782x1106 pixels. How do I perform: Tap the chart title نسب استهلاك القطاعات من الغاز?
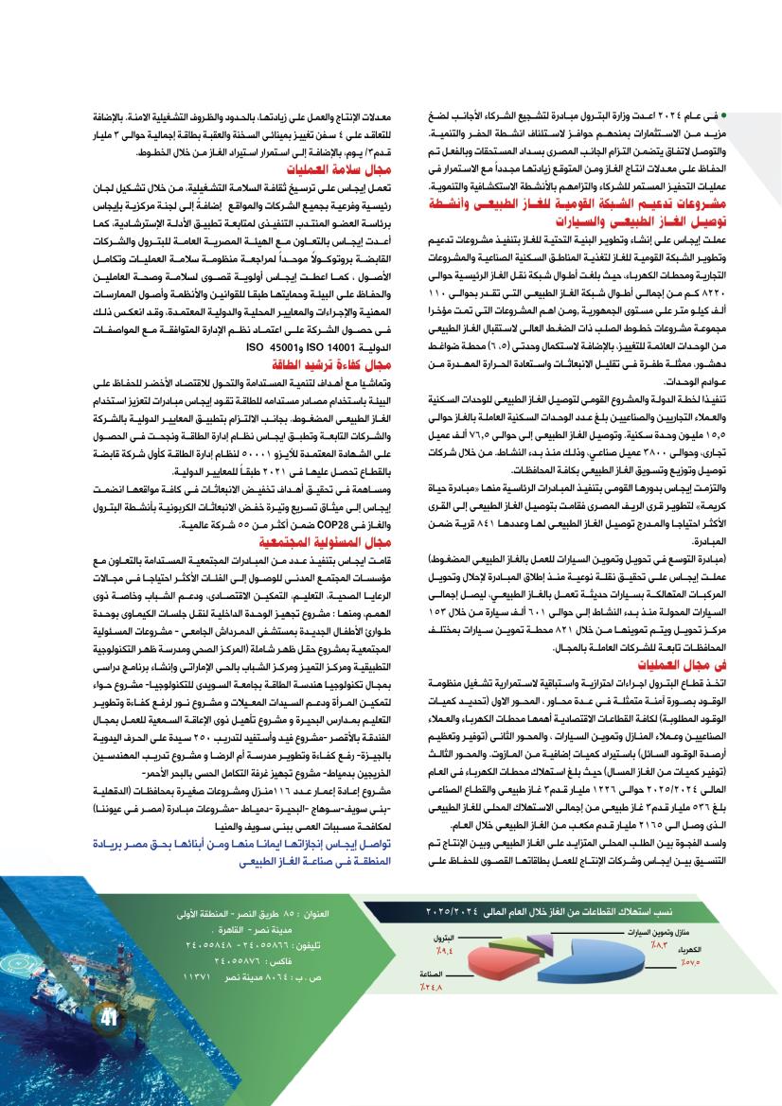(x=587, y=912)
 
